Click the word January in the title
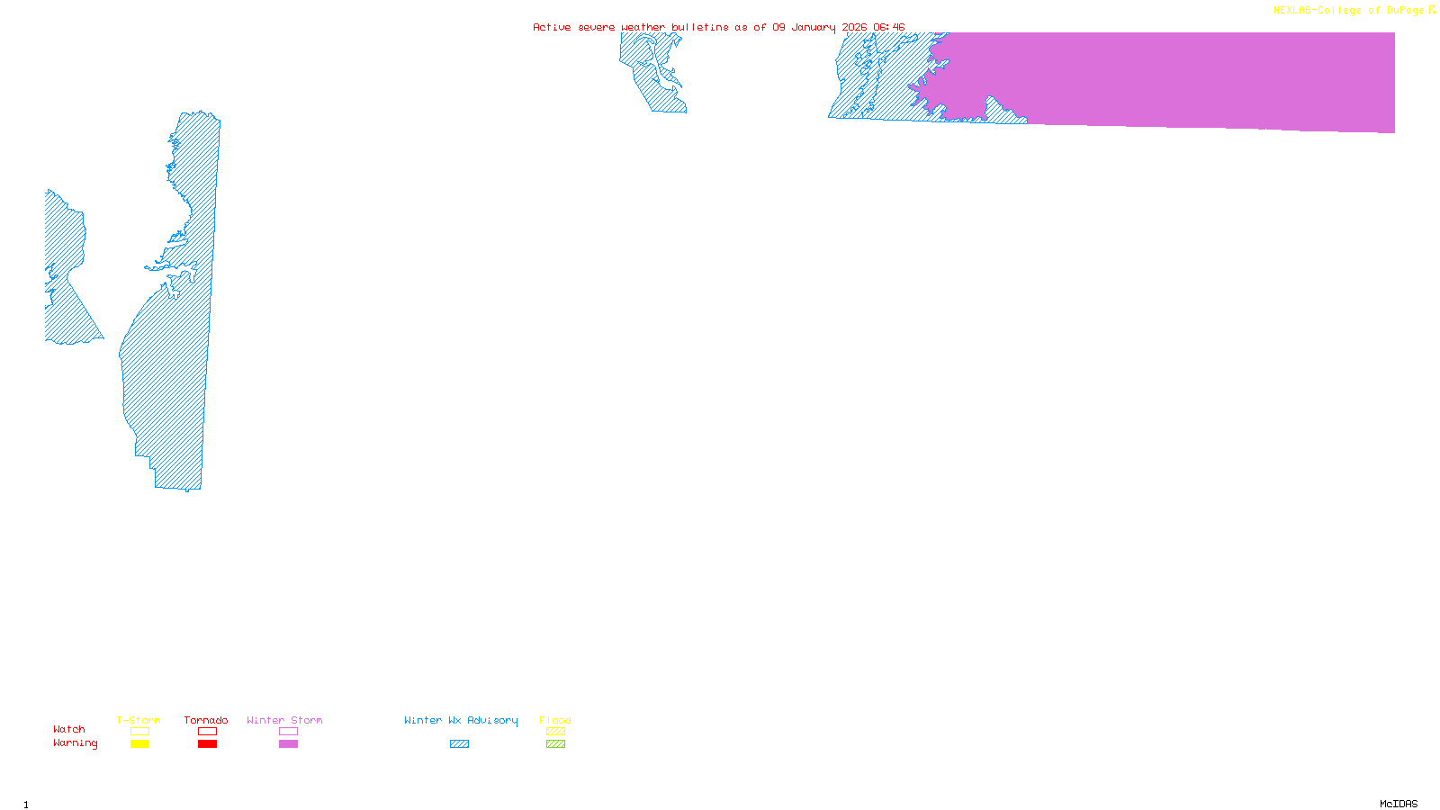(x=814, y=28)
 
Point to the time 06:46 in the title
(x=888, y=28)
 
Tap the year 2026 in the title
(x=854, y=28)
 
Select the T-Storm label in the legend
(x=139, y=720)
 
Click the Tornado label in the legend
(x=206, y=720)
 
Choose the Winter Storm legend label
(x=284, y=720)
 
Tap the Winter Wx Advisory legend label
(x=461, y=720)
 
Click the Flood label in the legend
(x=555, y=720)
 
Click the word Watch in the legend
(x=69, y=730)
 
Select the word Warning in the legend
(x=76, y=743)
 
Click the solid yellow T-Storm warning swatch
(x=139, y=744)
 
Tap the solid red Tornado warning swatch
(x=208, y=744)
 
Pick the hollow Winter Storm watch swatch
(x=288, y=732)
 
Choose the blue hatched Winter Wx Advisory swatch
(x=459, y=744)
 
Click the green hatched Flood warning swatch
(x=555, y=744)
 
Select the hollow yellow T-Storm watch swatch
(x=139, y=732)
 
